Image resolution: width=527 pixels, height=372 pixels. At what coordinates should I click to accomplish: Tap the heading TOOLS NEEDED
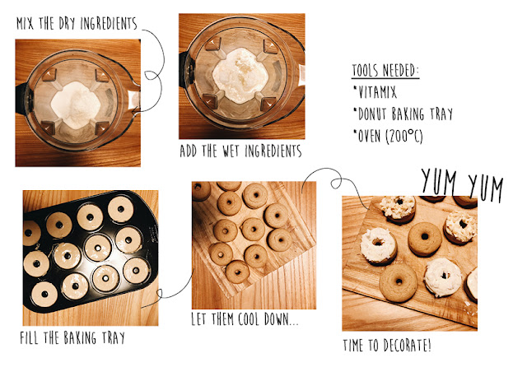[385, 70]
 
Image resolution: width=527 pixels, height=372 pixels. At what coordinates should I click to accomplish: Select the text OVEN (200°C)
[389, 136]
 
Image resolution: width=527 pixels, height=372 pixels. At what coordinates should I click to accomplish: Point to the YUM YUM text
[462, 185]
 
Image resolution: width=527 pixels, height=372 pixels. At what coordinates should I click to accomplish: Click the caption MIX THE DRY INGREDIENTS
[77, 24]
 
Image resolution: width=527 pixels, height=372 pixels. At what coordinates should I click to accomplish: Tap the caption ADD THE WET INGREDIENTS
[240, 151]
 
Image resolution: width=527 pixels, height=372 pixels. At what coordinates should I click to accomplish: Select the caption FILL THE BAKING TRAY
[72, 337]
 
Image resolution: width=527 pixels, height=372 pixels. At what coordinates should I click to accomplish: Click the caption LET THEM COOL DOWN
[245, 319]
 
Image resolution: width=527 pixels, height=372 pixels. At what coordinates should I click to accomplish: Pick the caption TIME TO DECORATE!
[387, 346]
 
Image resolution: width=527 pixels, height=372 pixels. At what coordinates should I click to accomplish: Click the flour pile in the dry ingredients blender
[76, 105]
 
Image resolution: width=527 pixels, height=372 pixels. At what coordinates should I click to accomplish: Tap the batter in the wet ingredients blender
[240, 75]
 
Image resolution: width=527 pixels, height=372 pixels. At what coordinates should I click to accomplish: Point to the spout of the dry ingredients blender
[133, 100]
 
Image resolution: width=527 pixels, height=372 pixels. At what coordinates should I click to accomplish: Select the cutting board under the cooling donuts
[254, 239]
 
